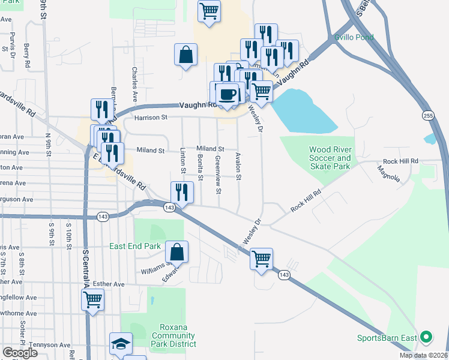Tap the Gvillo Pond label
354,37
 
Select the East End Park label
135,246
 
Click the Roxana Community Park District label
173,335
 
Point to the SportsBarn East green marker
426,338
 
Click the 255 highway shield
427,115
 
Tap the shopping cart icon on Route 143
261,259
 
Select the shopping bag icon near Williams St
177,253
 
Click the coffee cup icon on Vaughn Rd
227,94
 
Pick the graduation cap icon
121,344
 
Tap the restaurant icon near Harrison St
100,110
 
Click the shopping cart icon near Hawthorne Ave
92,300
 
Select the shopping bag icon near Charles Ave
186,55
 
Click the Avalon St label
238,166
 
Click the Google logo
20,353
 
